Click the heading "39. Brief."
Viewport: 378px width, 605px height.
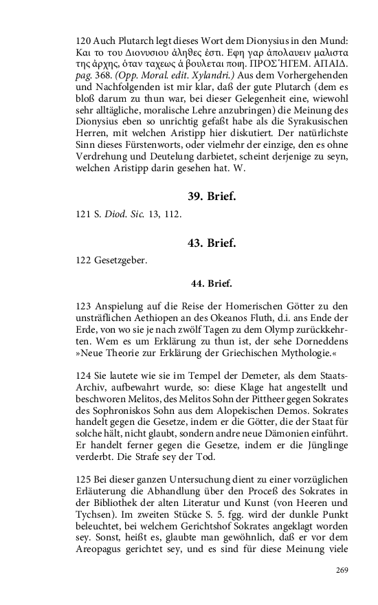(x=212, y=197)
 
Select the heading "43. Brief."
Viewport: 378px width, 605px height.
(x=212, y=243)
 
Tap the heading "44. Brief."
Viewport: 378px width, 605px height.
(x=212, y=283)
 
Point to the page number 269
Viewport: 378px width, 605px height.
(x=343, y=570)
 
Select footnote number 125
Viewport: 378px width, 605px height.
(x=84, y=478)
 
